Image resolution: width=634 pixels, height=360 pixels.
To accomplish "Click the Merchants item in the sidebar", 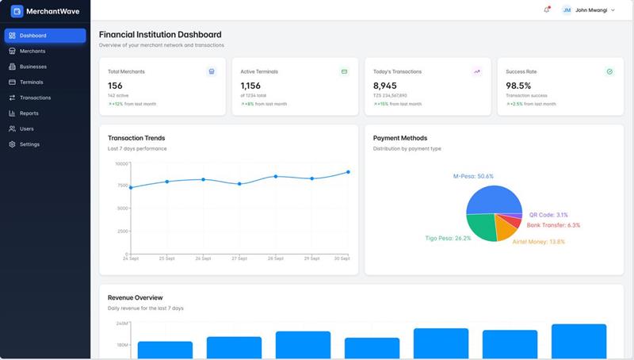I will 32,51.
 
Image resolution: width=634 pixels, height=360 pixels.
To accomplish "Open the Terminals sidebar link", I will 32,82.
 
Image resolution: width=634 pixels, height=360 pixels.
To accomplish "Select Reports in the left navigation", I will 29,113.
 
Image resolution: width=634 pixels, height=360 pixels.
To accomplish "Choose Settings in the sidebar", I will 29,144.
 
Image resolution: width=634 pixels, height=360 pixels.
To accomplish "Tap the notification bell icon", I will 546,10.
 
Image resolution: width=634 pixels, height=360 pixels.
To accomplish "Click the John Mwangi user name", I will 591,10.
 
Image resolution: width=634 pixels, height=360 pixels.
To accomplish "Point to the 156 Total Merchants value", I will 116,86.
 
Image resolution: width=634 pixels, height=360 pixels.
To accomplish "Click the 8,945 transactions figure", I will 385,86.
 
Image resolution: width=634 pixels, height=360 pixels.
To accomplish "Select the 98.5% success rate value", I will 518,86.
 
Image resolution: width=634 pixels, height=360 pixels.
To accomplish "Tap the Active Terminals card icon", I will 344,71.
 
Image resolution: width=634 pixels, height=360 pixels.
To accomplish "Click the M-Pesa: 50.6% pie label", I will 473,176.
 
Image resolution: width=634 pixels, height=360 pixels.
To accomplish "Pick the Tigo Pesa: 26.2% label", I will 448,238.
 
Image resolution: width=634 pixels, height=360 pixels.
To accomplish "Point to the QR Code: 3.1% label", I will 548,215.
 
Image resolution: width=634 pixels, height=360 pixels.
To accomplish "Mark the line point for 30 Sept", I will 349,172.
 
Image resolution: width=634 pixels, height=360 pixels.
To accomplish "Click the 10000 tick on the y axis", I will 120,163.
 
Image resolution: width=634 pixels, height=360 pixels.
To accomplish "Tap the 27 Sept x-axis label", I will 239,259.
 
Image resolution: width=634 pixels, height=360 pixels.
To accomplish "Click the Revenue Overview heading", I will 135,297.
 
